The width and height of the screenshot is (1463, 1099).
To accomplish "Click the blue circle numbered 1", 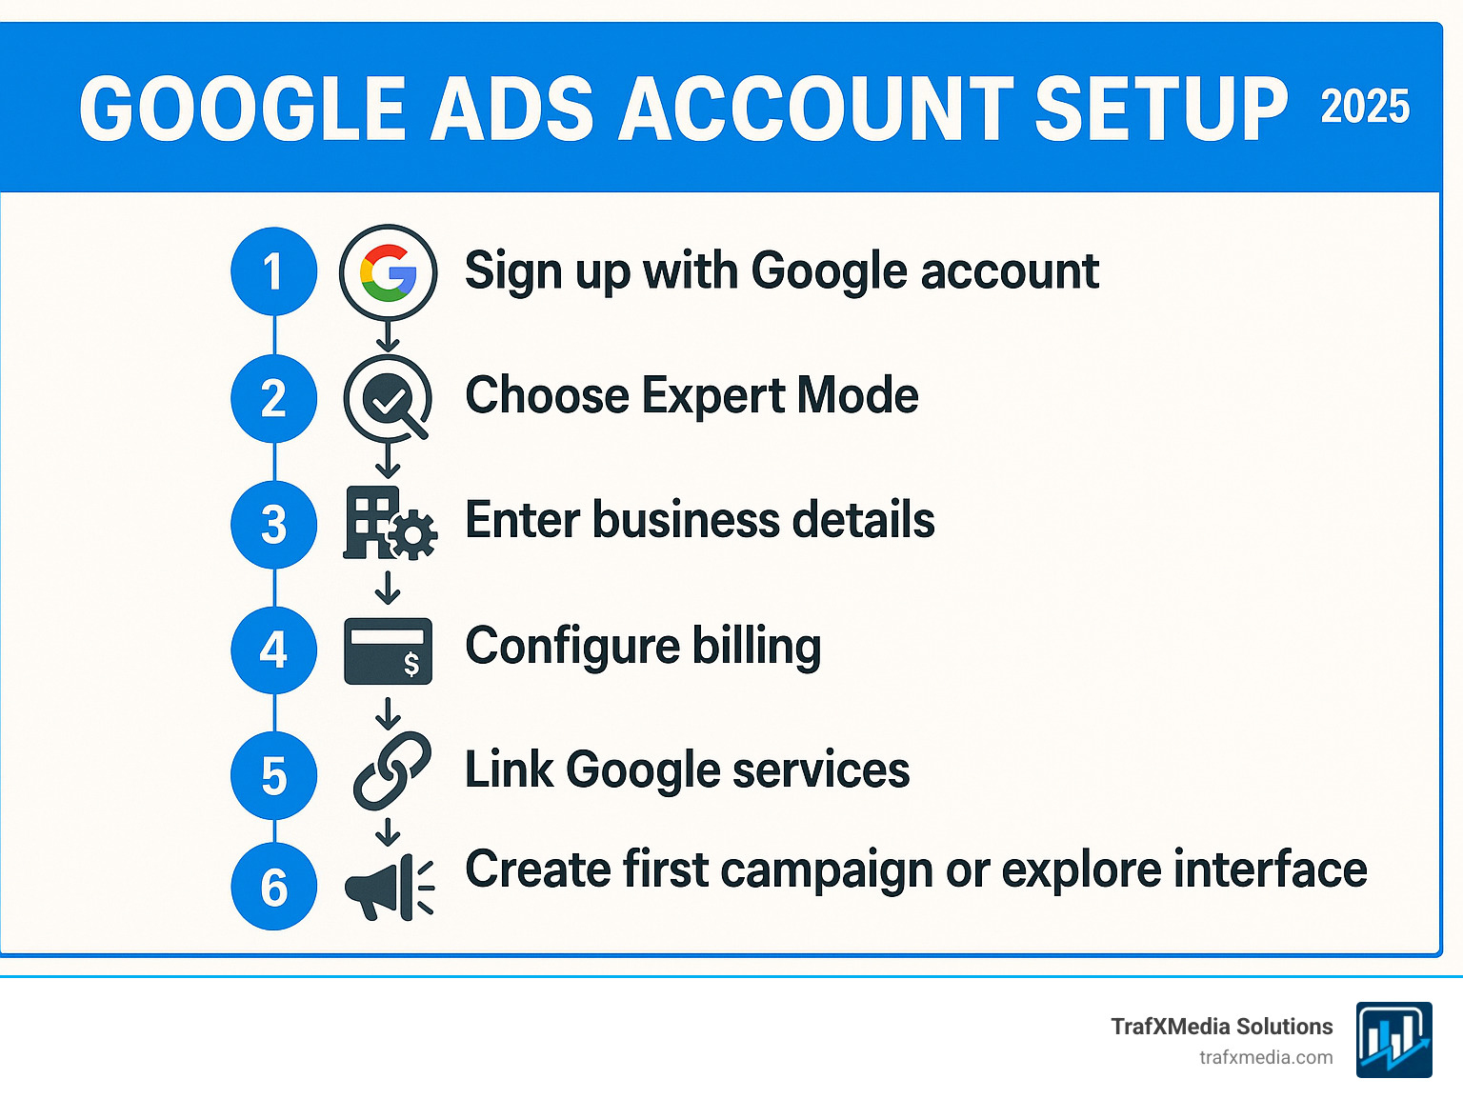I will click(x=273, y=271).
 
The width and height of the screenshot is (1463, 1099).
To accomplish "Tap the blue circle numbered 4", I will click(x=273, y=649).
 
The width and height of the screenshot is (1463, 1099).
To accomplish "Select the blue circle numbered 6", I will click(x=273, y=887).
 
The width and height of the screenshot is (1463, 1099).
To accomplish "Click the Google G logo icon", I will click(x=388, y=272).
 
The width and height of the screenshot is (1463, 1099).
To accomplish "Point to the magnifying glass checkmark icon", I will click(x=388, y=398).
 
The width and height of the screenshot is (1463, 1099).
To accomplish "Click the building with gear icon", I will click(x=389, y=523).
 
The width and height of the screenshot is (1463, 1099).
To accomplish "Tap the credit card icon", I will click(x=388, y=651).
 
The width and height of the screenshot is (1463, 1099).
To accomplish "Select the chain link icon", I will click(x=391, y=770).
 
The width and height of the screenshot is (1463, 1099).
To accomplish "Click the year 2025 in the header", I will click(x=1364, y=107).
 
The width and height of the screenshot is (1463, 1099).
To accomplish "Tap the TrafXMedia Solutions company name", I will click(x=1221, y=1027).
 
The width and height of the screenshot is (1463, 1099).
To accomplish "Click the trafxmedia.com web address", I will click(x=1266, y=1057).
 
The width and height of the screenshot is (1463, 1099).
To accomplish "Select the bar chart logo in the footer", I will click(x=1393, y=1039).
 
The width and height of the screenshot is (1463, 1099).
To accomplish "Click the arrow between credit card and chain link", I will click(x=388, y=712).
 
